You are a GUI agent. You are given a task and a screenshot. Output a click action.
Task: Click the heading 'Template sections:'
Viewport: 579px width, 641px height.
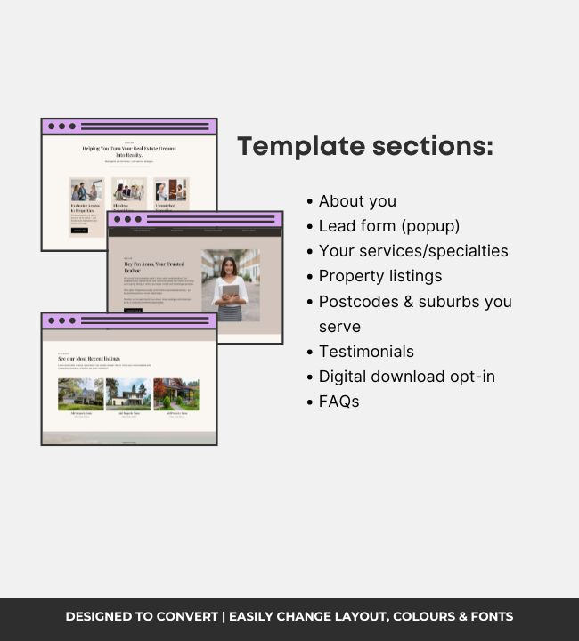[364, 147]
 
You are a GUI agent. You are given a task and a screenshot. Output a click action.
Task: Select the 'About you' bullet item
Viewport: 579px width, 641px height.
[357, 201]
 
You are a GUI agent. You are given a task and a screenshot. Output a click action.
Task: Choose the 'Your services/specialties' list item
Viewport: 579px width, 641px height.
[413, 251]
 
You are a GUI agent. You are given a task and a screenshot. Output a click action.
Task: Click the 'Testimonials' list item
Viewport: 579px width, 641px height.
[366, 352]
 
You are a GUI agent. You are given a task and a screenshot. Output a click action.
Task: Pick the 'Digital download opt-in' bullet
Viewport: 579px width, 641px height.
[407, 377]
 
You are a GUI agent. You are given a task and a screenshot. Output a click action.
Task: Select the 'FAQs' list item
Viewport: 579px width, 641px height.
[338, 402]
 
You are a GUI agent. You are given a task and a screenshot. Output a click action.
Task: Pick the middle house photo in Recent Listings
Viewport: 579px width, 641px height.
[128, 394]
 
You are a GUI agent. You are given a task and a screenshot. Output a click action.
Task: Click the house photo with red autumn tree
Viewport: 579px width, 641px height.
[175, 394]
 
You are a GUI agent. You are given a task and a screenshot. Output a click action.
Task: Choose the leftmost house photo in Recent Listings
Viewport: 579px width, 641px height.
[80, 394]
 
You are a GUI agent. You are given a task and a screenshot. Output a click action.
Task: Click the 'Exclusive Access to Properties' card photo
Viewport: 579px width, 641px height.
[86, 191]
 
